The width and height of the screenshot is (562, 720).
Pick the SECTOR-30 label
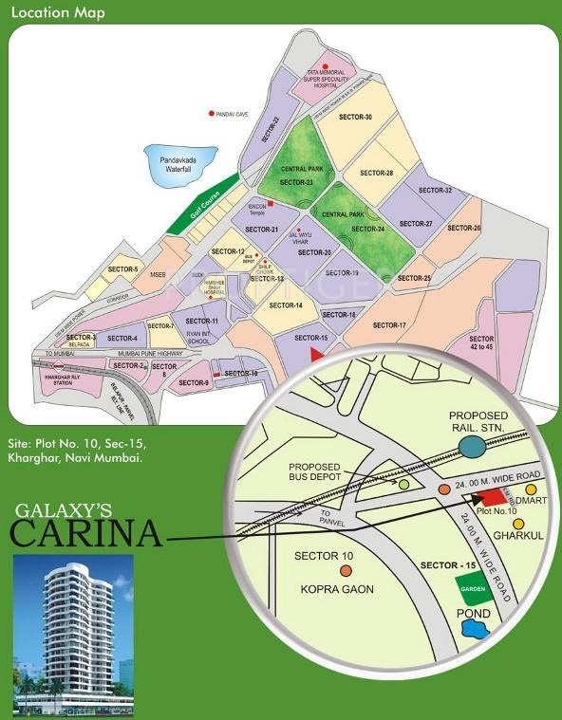point(355,118)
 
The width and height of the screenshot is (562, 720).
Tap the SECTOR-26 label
point(464,228)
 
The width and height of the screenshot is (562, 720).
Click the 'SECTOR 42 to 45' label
point(481,343)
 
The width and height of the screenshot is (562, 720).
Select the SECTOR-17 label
point(389,325)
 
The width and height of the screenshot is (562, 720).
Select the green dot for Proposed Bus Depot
point(404,485)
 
